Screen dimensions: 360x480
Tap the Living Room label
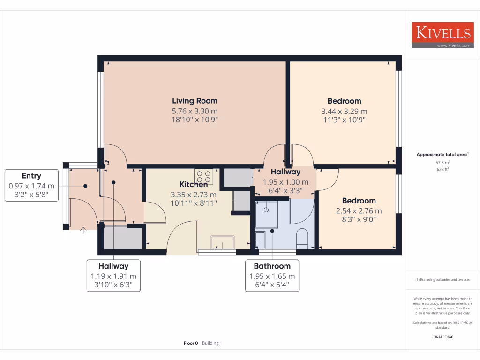click(195, 101)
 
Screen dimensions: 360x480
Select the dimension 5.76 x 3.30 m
click(195, 111)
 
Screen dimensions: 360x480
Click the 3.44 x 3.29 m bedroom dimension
click(344, 111)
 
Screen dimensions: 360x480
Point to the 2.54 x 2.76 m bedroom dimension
click(359, 211)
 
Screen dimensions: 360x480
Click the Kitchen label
click(194, 184)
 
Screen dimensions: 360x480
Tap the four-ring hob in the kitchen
click(204, 176)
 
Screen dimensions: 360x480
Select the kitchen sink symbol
click(223, 242)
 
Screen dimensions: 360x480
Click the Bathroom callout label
click(272, 266)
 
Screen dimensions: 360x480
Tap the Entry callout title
click(31, 176)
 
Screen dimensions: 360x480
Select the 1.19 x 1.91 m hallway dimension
click(113, 276)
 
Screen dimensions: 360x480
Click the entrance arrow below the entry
click(83, 230)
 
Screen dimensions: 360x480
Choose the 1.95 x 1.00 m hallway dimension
click(285, 182)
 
